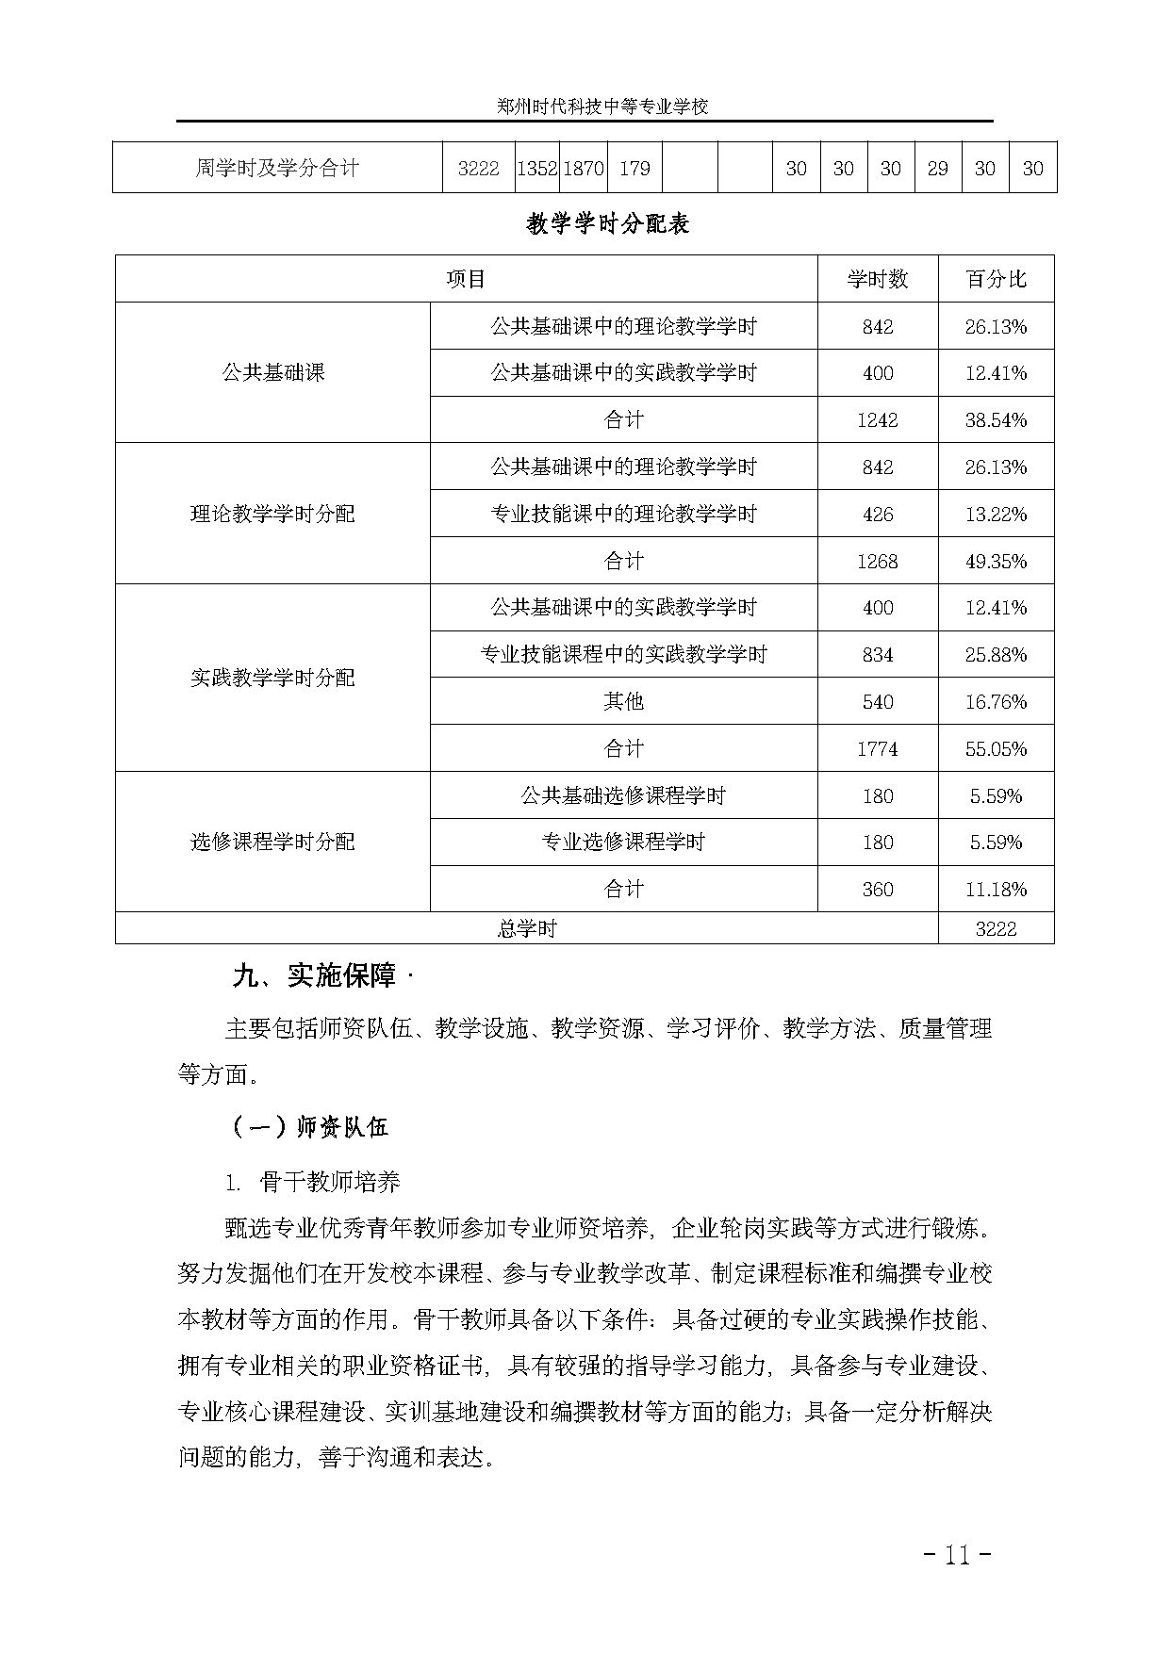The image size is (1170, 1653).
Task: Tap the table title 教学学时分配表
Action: pos(608,223)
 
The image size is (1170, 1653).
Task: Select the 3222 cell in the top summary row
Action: pos(478,169)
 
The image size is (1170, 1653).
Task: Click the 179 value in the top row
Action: pos(634,169)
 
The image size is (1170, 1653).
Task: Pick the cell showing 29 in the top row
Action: pos(937,169)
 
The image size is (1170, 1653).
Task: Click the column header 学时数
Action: pos(877,279)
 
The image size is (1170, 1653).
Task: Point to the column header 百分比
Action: pos(996,279)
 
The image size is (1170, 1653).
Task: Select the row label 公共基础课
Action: pos(272,372)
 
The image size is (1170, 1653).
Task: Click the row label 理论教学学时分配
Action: pos(272,514)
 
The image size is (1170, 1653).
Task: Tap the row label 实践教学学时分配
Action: pos(272,678)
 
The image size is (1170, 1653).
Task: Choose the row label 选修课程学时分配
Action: pos(272,842)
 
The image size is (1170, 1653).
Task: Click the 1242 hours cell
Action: pos(877,420)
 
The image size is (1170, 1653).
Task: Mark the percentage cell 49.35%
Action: pos(996,562)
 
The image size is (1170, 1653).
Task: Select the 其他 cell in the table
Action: pos(623,701)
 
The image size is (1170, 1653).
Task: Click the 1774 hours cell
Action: pos(877,749)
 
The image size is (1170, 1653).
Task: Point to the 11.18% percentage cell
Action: pos(996,890)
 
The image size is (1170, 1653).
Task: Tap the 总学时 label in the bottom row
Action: pos(526,928)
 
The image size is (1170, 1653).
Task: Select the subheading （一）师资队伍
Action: pos(308,1127)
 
